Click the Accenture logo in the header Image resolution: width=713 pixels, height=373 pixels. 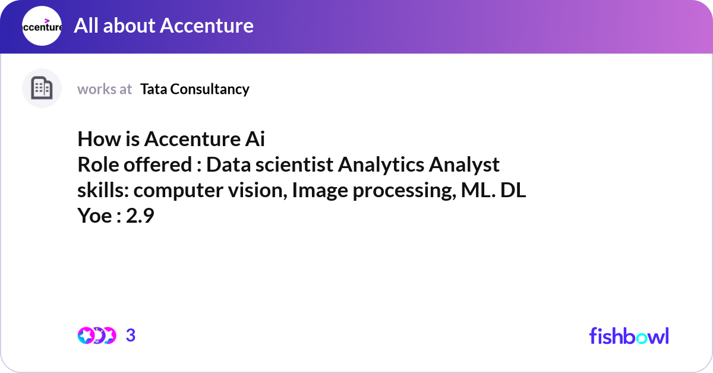click(42, 26)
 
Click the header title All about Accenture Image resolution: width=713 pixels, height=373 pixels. click(163, 26)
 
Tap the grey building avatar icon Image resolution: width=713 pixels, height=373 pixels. click(42, 88)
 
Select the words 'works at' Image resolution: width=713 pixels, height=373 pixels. click(105, 89)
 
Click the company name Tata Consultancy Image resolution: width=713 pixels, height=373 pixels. click(195, 89)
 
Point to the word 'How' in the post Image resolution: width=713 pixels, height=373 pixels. click(94, 140)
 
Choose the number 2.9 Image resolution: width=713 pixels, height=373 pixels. click(140, 216)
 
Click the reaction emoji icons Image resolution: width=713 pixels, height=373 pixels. click(97, 336)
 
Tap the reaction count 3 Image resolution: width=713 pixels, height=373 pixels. click(131, 336)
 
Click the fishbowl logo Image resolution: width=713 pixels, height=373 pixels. click(629, 336)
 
